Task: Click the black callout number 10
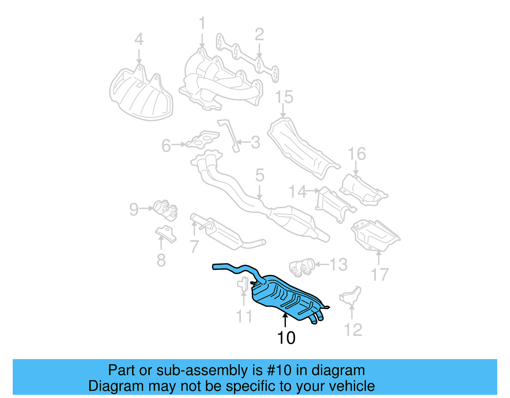[286, 338]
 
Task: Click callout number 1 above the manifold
[202, 24]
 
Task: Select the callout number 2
[259, 34]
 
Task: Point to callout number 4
[139, 40]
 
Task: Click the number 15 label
[284, 97]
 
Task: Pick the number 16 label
[357, 154]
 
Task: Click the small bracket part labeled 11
[243, 284]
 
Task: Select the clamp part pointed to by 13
[302, 266]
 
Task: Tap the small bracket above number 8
[166, 234]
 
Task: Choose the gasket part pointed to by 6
[203, 140]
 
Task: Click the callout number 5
[260, 176]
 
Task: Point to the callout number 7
[194, 246]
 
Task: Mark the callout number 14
[297, 192]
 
